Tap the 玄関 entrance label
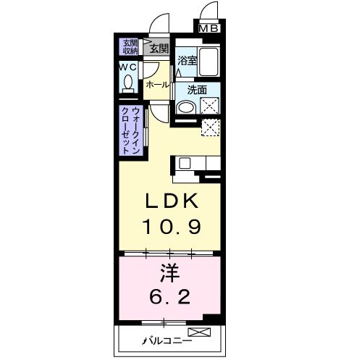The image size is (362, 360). (x=159, y=49)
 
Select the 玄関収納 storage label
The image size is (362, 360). (x=130, y=47)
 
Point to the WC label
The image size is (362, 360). (x=128, y=68)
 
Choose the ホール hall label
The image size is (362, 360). (x=157, y=85)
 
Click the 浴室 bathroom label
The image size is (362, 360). (x=188, y=62)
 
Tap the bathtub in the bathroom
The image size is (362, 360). (x=210, y=64)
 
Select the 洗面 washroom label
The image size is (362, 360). (x=197, y=91)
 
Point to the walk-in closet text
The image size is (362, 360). (x=135, y=130)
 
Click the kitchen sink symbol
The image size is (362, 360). (x=184, y=162)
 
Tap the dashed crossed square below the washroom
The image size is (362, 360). (x=211, y=128)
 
